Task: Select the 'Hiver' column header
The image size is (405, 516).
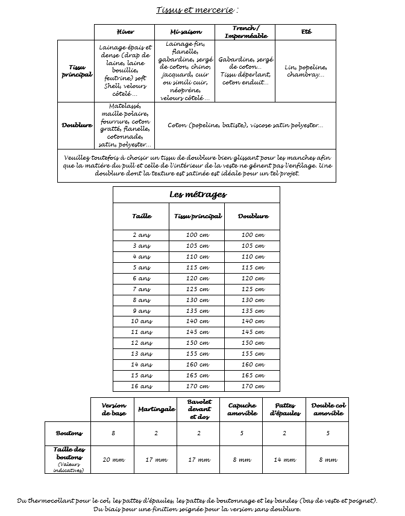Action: pos(125,32)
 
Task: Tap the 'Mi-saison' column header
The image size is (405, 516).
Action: pos(186,32)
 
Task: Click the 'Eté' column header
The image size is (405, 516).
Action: pos(306,32)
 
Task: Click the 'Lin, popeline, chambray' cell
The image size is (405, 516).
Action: pos(306,71)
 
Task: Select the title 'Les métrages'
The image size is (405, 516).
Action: pos(196,195)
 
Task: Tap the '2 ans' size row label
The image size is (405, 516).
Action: pos(141,235)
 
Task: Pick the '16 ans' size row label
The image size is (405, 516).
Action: pos(141,386)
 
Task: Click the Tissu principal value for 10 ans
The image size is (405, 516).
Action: pos(197,322)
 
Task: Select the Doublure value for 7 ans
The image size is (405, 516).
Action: pos(253,289)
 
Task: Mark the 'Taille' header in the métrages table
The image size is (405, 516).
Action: pos(141,216)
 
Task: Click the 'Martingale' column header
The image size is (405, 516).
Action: pos(156,409)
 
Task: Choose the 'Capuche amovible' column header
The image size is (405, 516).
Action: pos(242,409)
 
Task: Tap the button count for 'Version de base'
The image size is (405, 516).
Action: pos(113,433)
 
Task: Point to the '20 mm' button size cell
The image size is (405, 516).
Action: pos(113,460)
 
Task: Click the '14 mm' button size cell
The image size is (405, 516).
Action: pos(285,460)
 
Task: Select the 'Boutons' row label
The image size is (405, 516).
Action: pos(69,433)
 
